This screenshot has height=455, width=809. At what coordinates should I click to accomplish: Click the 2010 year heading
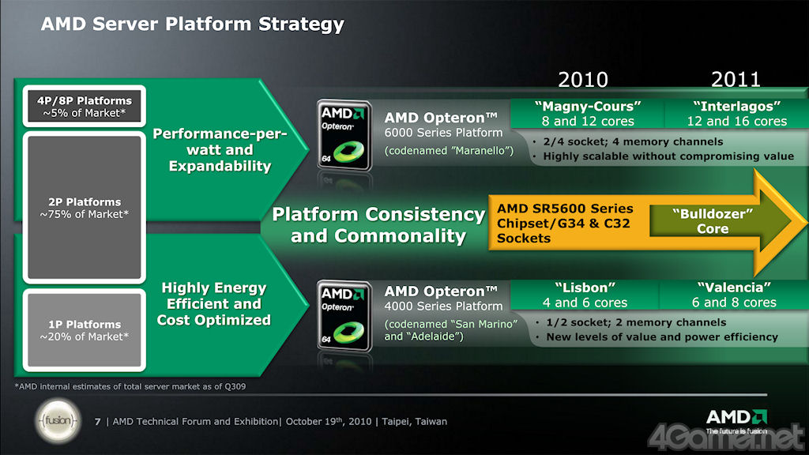pyautogui.click(x=583, y=80)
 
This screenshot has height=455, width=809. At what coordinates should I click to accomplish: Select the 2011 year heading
pyautogui.click(x=736, y=80)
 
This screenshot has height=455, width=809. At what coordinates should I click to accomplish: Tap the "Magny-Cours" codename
pyautogui.click(x=588, y=107)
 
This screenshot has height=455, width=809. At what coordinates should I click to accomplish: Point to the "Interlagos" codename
pyautogui.click(x=737, y=107)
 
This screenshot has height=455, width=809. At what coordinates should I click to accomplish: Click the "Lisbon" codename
pyautogui.click(x=585, y=288)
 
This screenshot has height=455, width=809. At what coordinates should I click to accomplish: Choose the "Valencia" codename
pyautogui.click(x=734, y=288)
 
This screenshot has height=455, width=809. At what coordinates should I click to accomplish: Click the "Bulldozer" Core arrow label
pyautogui.click(x=713, y=221)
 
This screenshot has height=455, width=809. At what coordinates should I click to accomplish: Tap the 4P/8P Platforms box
pyautogui.click(x=84, y=107)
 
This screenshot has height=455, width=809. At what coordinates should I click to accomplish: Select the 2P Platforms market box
pyautogui.click(x=84, y=208)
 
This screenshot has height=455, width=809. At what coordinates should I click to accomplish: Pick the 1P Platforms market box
pyautogui.click(x=84, y=330)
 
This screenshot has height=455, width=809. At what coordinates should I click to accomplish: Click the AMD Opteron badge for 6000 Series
pyautogui.click(x=344, y=135)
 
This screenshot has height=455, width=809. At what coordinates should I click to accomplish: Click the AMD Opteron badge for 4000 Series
pyautogui.click(x=344, y=316)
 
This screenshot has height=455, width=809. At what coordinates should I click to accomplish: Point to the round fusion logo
pyautogui.click(x=58, y=421)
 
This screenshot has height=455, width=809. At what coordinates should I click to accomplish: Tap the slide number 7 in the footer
pyautogui.click(x=97, y=422)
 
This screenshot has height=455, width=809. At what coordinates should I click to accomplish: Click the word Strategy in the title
pyautogui.click(x=301, y=24)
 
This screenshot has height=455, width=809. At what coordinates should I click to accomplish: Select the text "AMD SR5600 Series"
pyautogui.click(x=565, y=209)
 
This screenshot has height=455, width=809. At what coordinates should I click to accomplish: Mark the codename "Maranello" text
pyautogui.click(x=449, y=151)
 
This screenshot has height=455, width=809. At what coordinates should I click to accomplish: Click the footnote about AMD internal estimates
pyautogui.click(x=130, y=386)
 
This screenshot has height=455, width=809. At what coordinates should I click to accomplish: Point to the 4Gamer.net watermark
pyautogui.click(x=727, y=438)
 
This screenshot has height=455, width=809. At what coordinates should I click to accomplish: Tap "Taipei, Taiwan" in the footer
pyautogui.click(x=414, y=422)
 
